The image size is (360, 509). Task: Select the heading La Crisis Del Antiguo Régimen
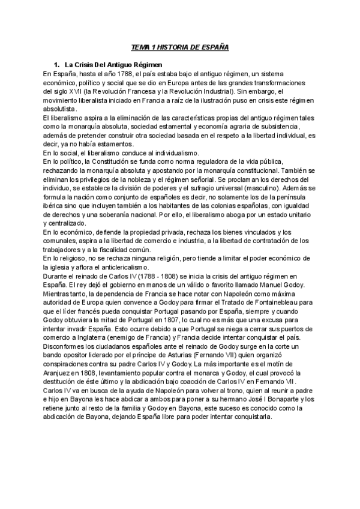tap(111, 64)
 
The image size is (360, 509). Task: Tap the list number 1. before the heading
tap(57, 64)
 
